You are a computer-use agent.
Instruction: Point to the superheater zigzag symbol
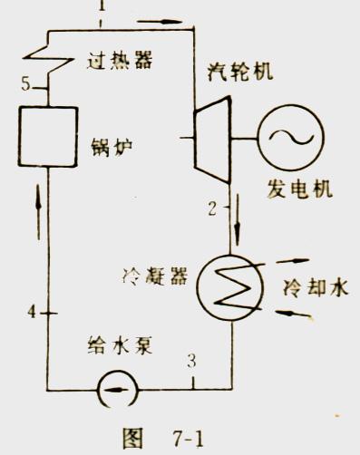pyautogui.click(x=41, y=55)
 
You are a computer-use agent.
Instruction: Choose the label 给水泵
pyautogui.click(x=117, y=345)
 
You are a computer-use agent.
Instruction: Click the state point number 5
pyautogui.click(x=28, y=85)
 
